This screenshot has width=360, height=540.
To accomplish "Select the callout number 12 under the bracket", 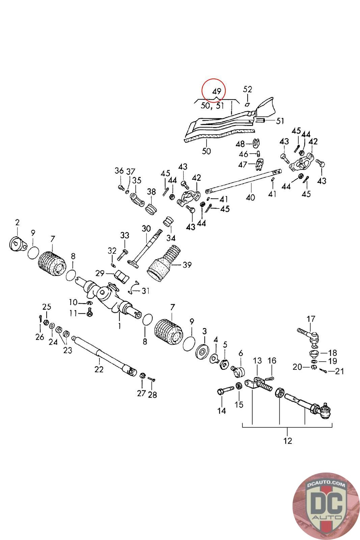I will [287, 440].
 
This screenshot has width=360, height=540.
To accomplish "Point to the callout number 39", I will [187, 265].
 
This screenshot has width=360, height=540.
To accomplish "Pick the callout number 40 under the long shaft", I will [250, 197].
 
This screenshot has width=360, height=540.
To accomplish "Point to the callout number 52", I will [248, 89].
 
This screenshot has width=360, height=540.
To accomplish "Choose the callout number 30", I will [146, 228].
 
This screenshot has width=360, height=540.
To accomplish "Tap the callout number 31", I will [145, 290].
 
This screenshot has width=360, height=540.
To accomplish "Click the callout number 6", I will [241, 353].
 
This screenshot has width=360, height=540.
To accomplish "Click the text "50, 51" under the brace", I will [213, 106].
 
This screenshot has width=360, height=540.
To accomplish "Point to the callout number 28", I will [153, 395].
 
